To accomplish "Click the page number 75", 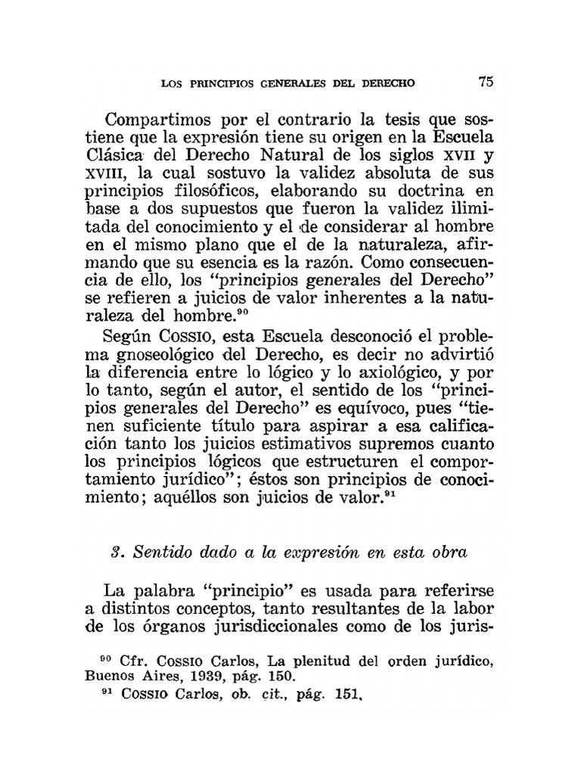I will [x=486, y=82].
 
